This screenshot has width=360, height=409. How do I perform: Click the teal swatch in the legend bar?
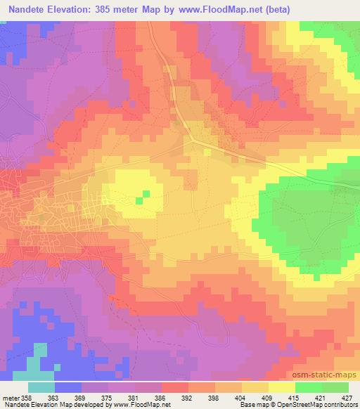click(x=41, y=387)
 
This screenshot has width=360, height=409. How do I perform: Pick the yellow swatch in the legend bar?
click(x=282, y=387)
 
